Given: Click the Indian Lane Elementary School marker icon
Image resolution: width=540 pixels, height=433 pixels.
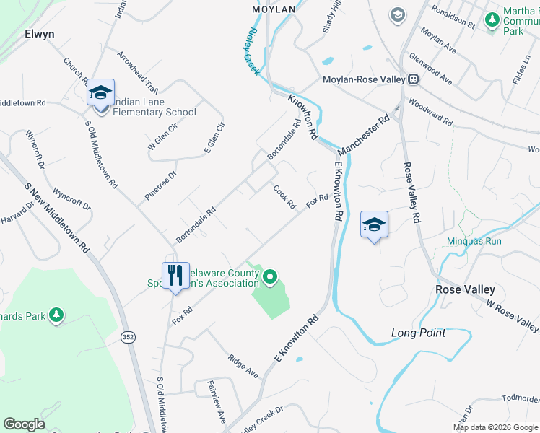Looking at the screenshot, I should click(x=100, y=92).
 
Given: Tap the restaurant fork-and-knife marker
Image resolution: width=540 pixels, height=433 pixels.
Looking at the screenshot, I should click(x=175, y=275).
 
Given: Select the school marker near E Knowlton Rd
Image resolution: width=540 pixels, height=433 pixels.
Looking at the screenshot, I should click(x=374, y=224).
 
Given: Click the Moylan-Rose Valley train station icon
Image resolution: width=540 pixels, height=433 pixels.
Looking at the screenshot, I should click(x=414, y=79).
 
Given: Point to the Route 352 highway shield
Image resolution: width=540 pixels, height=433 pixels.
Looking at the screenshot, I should click(x=128, y=337).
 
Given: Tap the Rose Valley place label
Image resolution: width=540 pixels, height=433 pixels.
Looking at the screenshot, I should click(x=465, y=289).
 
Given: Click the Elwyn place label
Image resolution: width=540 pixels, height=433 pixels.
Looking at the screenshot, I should click(x=40, y=33).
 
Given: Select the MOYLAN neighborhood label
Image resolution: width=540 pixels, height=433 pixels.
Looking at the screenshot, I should click(x=274, y=9).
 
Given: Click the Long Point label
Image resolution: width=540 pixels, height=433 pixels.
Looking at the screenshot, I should click(x=418, y=333).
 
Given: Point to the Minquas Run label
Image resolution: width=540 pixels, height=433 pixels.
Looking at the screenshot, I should click(x=474, y=241).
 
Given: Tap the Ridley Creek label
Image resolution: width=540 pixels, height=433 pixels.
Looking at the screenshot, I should click(x=248, y=51).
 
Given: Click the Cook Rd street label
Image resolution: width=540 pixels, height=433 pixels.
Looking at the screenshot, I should click(x=284, y=197).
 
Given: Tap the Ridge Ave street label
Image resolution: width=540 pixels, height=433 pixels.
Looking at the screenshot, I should click(x=243, y=366).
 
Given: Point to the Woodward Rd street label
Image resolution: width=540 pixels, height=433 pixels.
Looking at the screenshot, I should click(x=430, y=113).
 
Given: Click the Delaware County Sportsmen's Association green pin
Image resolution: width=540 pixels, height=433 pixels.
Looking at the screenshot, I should click(x=270, y=276).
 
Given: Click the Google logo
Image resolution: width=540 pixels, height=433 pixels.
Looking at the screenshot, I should click(x=24, y=424).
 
